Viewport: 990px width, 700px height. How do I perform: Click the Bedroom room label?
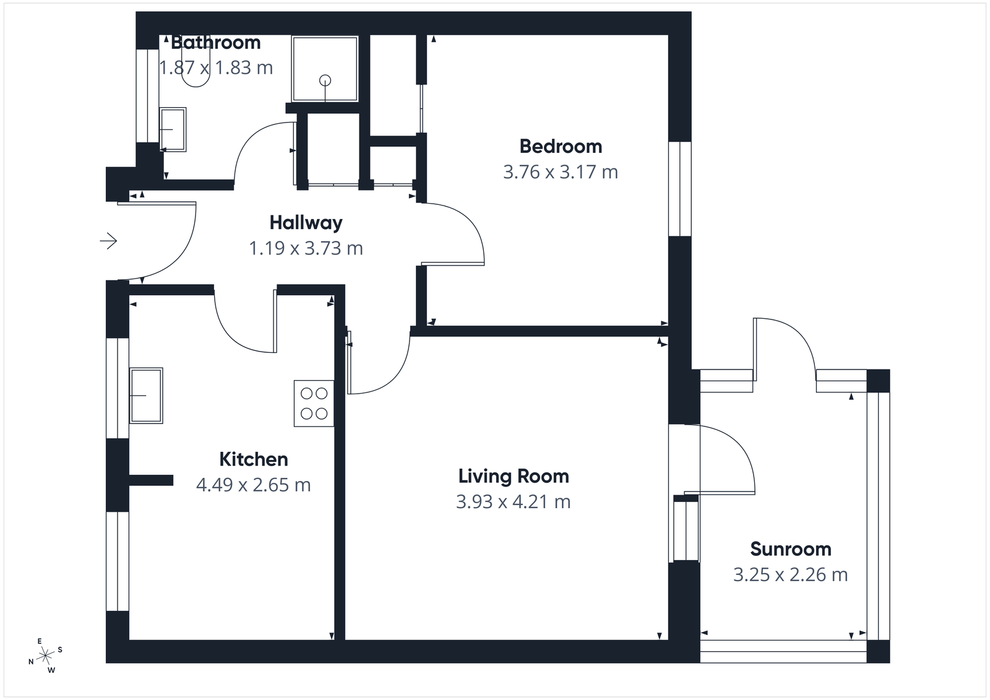click(x=561, y=147)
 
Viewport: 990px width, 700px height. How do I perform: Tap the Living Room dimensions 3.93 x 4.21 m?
click(x=513, y=501)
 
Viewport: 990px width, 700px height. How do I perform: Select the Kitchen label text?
click(x=254, y=459)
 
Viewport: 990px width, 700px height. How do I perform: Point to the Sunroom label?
click(x=790, y=549)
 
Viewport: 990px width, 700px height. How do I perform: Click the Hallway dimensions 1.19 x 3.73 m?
click(x=306, y=248)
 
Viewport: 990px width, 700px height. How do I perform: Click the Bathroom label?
click(x=215, y=43)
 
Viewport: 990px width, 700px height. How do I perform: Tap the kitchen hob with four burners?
click(x=314, y=403)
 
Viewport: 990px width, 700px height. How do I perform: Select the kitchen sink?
click(x=146, y=395)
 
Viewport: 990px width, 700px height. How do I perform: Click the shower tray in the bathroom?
click(x=325, y=68)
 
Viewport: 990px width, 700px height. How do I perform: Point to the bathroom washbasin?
click(x=173, y=129)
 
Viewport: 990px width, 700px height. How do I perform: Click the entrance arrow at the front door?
click(x=109, y=240)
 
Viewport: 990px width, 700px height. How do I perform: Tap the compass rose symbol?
click(x=46, y=656)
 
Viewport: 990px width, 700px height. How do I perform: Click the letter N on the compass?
click(x=31, y=662)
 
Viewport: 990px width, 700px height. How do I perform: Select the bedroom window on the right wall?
click(x=680, y=189)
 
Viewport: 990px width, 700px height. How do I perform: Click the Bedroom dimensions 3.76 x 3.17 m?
click(x=561, y=172)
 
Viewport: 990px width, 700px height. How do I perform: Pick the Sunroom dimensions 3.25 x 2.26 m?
click(x=790, y=575)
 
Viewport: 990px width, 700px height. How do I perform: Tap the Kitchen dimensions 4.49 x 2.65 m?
click(x=254, y=485)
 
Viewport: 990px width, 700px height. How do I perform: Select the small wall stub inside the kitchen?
click(x=150, y=480)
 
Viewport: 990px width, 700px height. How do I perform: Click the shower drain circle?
click(x=325, y=80)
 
